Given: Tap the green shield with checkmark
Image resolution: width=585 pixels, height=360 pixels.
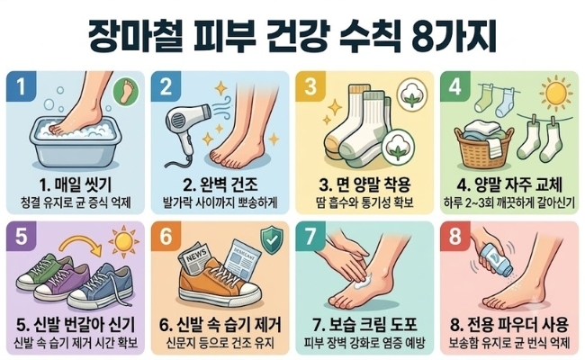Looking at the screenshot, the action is (x=272, y=240).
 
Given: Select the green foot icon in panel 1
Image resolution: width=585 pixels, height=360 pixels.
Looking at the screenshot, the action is (x=126, y=92).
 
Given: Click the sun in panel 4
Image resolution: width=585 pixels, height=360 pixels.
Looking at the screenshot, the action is (x=556, y=94).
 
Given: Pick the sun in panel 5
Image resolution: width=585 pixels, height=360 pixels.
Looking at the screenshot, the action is (x=123, y=241).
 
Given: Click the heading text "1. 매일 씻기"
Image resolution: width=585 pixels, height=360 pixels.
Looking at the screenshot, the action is (x=75, y=184).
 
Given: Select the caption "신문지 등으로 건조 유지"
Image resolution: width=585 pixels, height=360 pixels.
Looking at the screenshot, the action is (x=220, y=343).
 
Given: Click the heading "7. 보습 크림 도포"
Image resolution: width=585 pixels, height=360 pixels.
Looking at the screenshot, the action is (x=364, y=325).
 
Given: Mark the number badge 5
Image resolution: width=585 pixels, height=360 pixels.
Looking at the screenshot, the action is (x=22, y=236).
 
